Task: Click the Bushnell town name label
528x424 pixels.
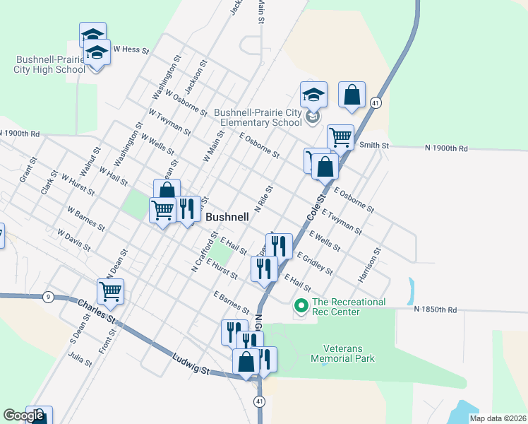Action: click(x=227, y=218)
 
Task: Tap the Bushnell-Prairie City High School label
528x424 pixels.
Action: click(x=49, y=64)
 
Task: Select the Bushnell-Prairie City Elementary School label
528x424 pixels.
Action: click(x=258, y=117)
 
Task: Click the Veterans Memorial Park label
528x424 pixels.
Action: click(x=349, y=353)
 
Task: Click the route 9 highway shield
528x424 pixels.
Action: click(x=48, y=296)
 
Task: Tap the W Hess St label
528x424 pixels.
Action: click(x=131, y=50)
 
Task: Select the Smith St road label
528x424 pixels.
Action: click(x=374, y=146)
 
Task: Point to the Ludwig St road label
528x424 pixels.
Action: click(x=191, y=366)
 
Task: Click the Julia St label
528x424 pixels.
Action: click(x=80, y=359)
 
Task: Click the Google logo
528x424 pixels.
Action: click(x=23, y=416)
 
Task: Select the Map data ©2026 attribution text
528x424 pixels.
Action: click(x=497, y=418)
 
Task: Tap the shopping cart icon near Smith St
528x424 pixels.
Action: click(x=340, y=136)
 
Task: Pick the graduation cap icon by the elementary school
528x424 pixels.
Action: click(x=313, y=93)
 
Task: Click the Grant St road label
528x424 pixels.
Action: click(x=28, y=172)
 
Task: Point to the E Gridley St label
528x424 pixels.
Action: click(x=315, y=262)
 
